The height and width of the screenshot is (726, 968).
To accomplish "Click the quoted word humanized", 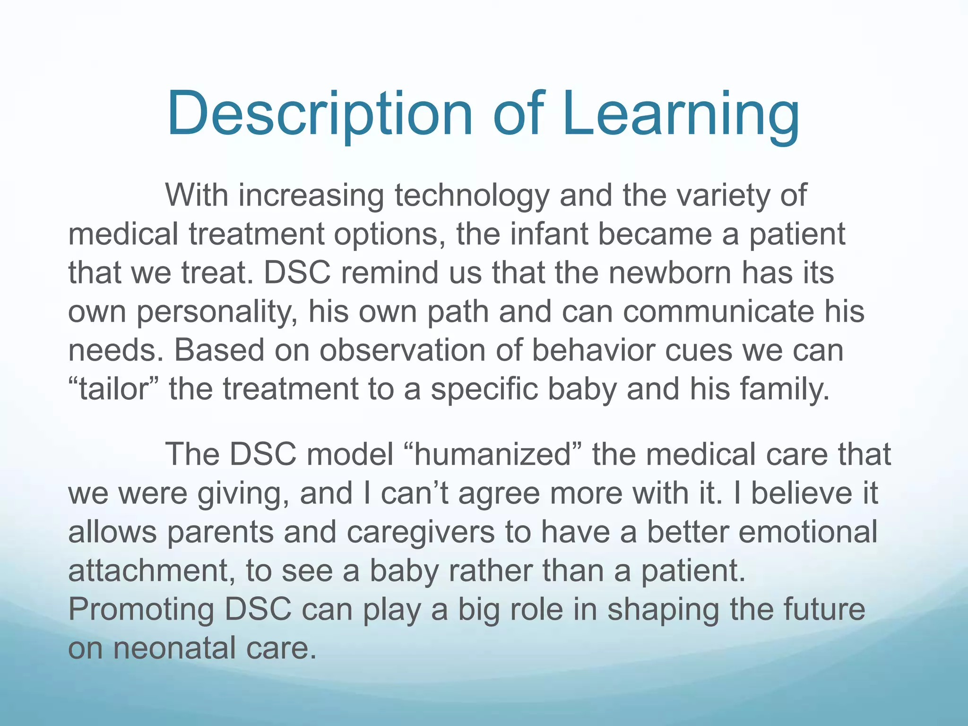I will click(x=493, y=454).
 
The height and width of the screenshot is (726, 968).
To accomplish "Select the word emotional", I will click(x=807, y=532).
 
